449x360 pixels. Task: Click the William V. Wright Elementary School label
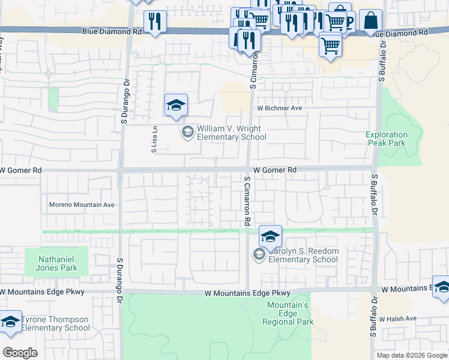[232, 133]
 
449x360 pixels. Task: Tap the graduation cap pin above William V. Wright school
[176, 106]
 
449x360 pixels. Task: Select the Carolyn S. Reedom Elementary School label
[303, 255]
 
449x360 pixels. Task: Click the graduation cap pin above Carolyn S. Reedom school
[271, 237]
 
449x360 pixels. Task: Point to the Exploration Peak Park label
[387, 139]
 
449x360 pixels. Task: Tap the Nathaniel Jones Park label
[57, 263]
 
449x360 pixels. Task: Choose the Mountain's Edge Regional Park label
[288, 313]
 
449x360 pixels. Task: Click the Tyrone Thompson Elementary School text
[55, 323]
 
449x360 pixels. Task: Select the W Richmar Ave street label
[279, 109]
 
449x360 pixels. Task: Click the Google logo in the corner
[20, 353]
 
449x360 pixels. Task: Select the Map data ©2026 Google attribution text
[411, 355]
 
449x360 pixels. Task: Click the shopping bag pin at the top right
[372, 20]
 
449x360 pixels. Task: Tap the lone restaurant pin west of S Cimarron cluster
[155, 21]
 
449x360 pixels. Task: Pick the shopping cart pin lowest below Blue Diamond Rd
[330, 45]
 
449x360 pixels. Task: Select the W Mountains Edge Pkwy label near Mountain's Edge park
[247, 293]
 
